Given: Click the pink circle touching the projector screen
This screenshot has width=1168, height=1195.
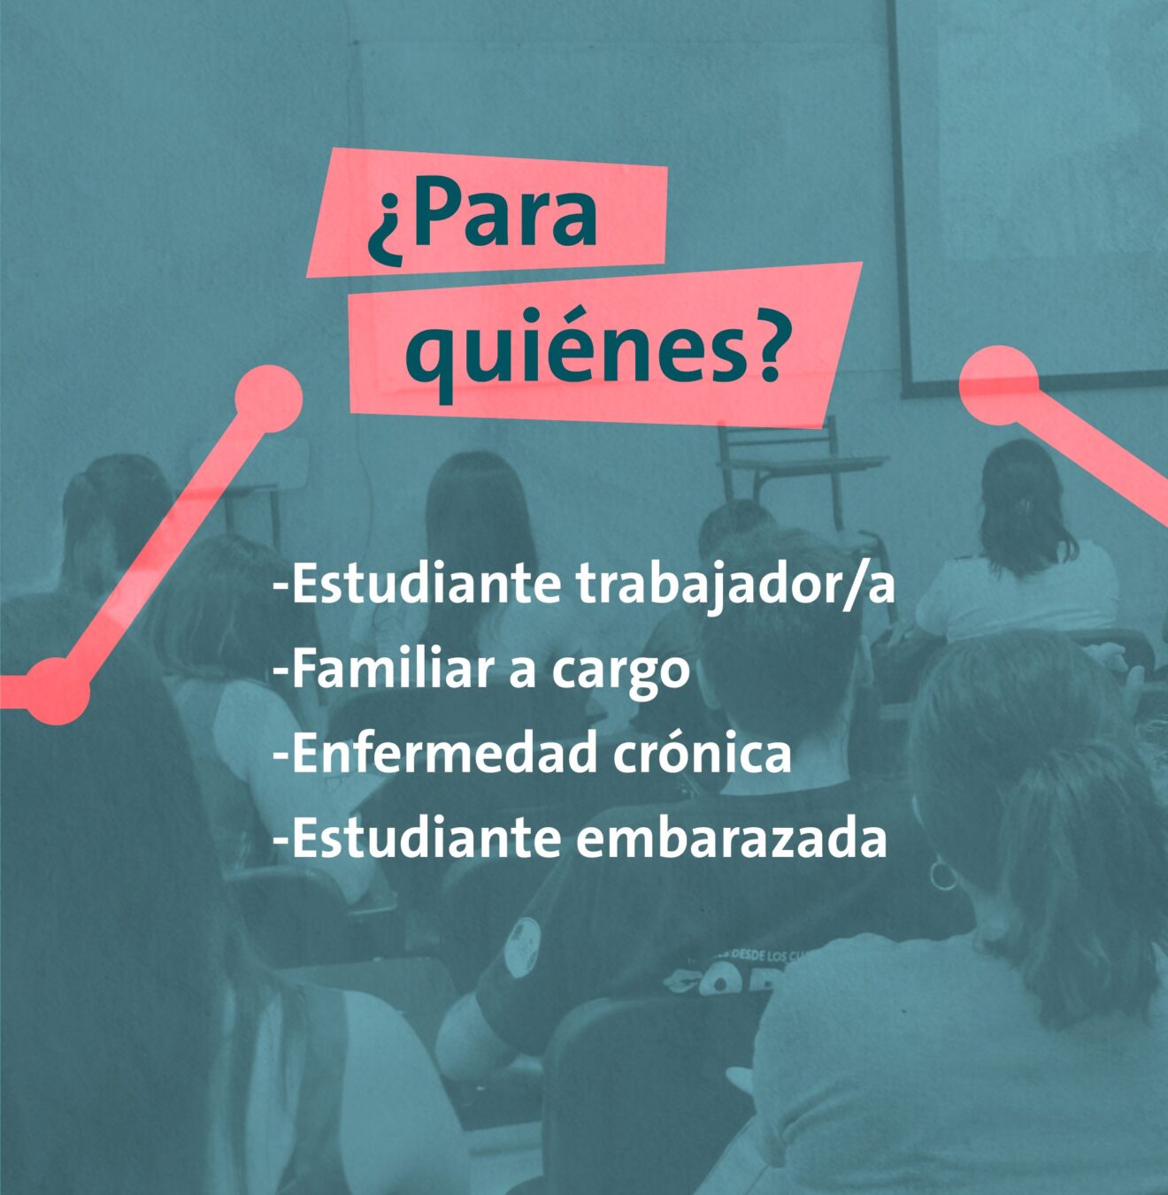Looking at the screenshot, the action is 998,385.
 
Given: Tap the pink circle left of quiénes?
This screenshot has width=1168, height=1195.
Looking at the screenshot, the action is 269,398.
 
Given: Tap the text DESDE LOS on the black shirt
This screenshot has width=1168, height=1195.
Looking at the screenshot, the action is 746,955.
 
